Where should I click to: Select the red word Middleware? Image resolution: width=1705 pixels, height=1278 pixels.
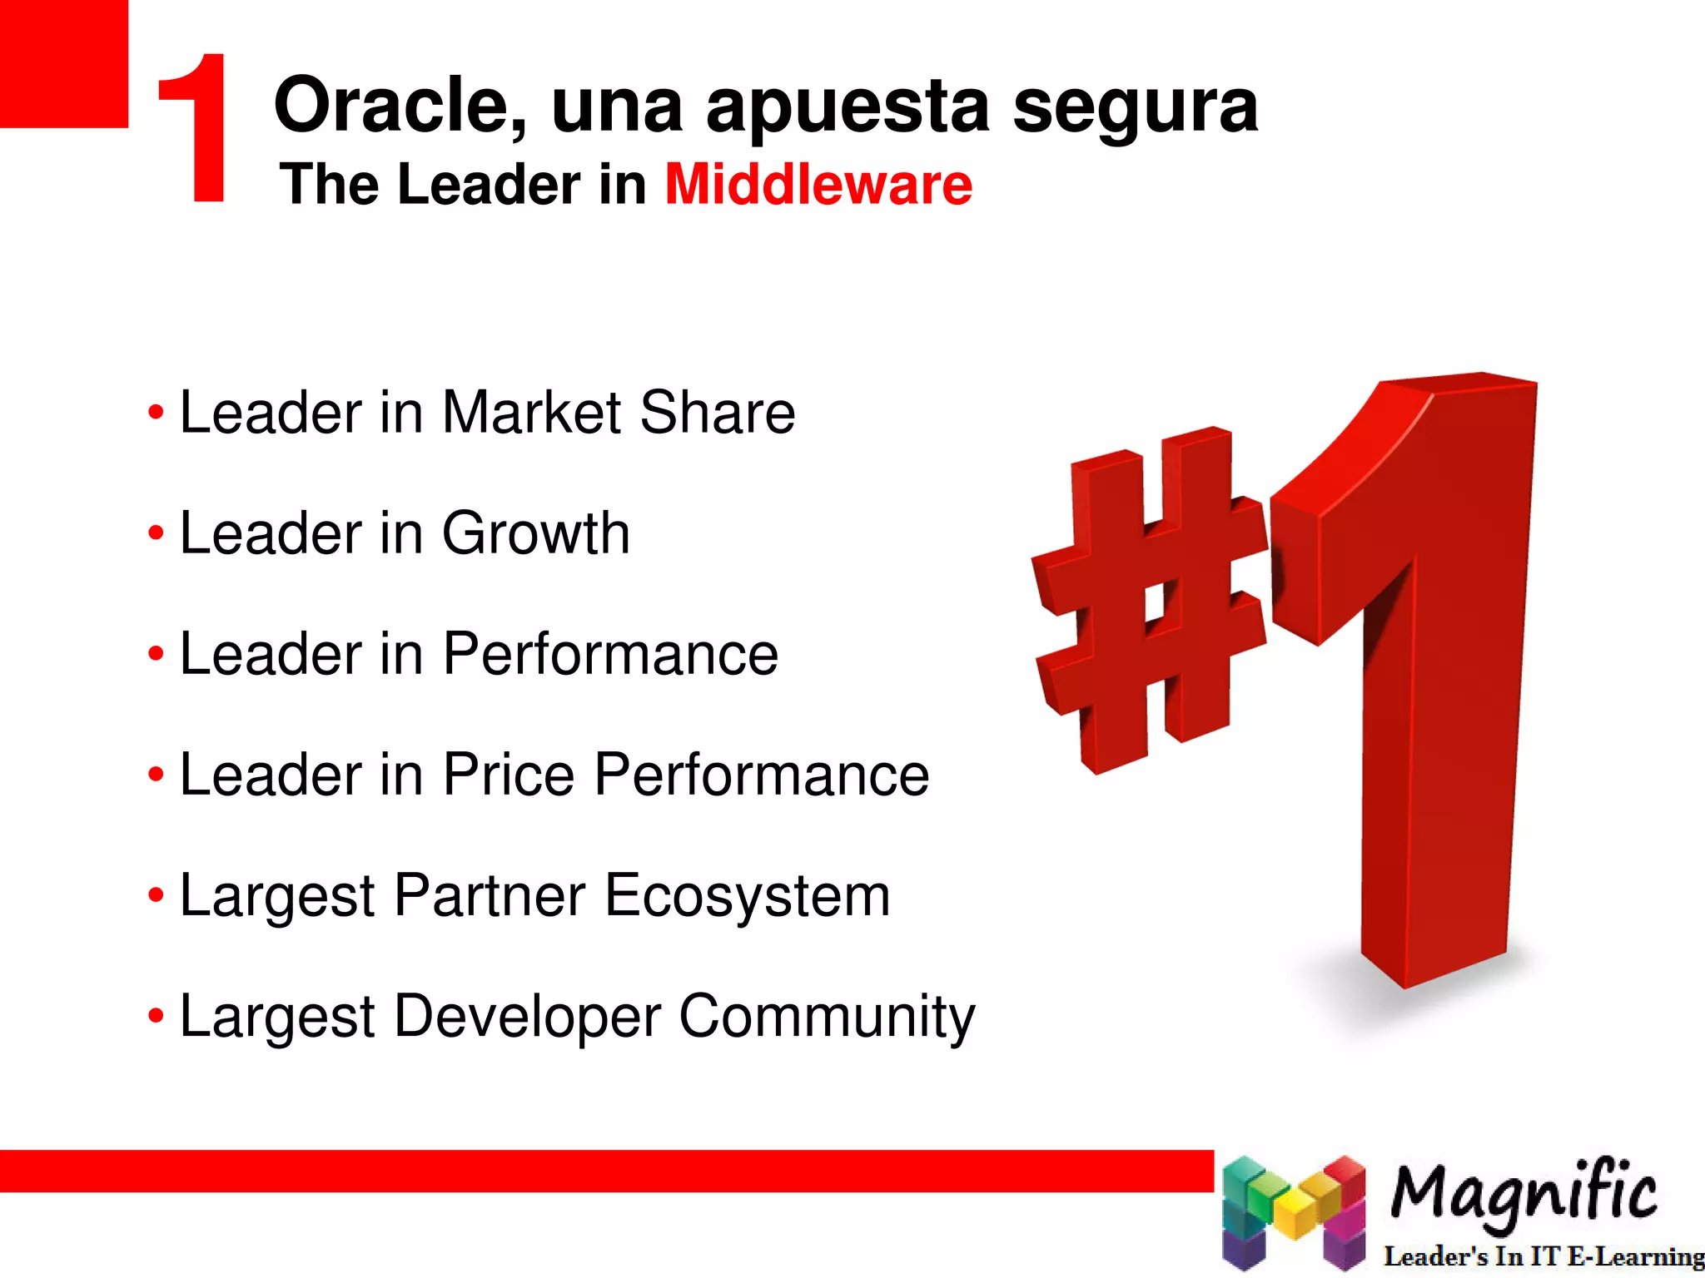pyautogui.click(x=818, y=184)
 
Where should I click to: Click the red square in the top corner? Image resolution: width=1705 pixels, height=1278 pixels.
pyautogui.click(x=63, y=63)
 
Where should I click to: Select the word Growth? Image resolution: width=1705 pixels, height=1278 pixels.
pyautogui.click(x=535, y=533)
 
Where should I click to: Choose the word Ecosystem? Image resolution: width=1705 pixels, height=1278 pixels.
pyautogui.click(x=747, y=896)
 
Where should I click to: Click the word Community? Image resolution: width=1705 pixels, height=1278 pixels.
pyautogui.click(x=827, y=1018)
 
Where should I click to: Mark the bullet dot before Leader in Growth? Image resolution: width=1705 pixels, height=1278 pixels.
pyautogui.click(x=156, y=533)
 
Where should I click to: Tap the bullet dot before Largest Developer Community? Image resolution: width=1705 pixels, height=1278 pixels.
pyautogui.click(x=156, y=1016)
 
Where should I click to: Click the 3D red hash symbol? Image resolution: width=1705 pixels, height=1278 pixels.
pyautogui.click(x=1149, y=599)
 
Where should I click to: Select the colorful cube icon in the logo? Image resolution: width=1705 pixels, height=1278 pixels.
pyautogui.click(x=1294, y=1211)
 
